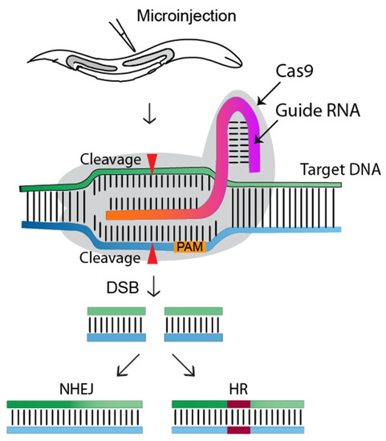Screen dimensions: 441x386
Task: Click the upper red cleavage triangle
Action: (152, 164)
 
